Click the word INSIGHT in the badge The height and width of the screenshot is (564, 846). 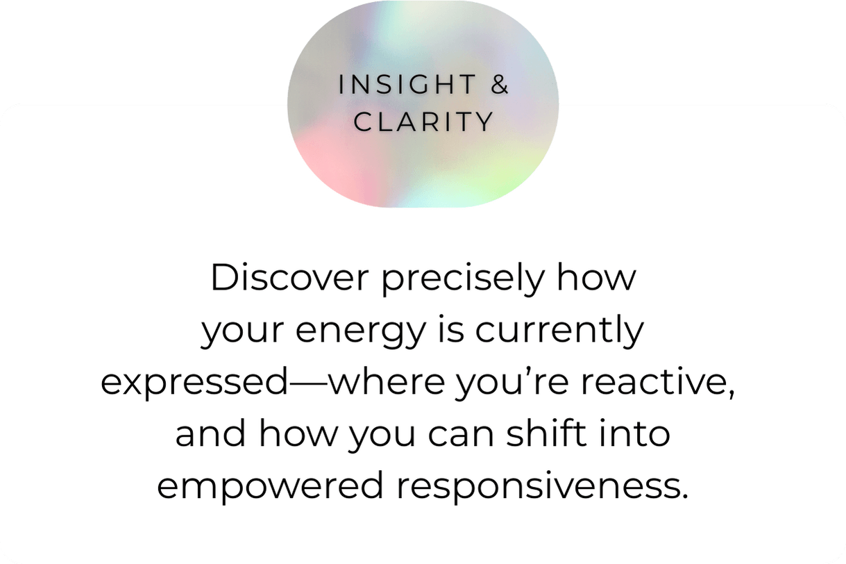[407, 84]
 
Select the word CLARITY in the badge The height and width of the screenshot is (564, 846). [424, 122]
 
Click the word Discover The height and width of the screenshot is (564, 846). [289, 277]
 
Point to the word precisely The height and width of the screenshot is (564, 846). [463, 280]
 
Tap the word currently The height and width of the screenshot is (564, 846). [559, 330]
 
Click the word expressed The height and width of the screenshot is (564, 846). [194, 383]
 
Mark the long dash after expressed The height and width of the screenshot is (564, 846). [307, 383]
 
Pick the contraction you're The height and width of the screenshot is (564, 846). [512, 383]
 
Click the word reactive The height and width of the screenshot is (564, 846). [652, 381]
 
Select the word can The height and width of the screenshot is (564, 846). [461, 436]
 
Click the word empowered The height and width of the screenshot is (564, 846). [271, 488]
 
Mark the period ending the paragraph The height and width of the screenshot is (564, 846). [684, 497]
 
